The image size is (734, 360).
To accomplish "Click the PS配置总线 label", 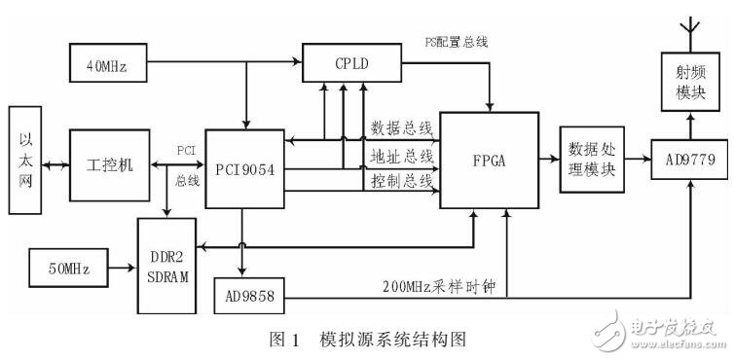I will pyautogui.click(x=456, y=41).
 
